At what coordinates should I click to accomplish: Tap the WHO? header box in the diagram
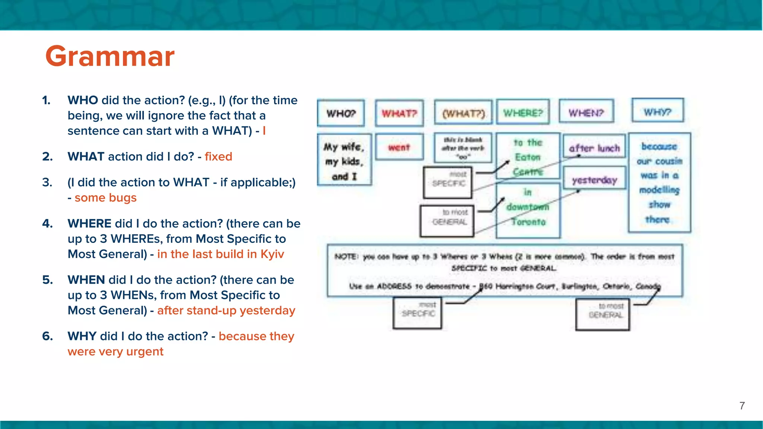click(x=341, y=113)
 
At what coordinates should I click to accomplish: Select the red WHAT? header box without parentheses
click(x=399, y=113)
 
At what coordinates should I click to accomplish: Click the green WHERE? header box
click(x=523, y=112)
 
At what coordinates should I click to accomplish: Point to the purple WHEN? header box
click(x=586, y=112)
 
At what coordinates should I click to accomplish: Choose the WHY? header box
click(x=658, y=111)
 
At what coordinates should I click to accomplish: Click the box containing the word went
click(x=399, y=147)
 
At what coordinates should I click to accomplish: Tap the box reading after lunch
click(x=594, y=148)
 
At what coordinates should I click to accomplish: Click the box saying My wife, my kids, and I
click(x=344, y=161)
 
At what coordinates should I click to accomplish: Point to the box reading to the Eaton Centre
click(x=528, y=156)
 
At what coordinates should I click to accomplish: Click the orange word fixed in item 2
click(x=218, y=156)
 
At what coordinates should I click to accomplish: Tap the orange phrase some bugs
click(x=105, y=198)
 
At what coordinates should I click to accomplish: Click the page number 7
click(x=742, y=406)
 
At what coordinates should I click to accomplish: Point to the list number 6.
click(x=47, y=336)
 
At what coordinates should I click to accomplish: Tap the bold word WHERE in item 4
click(x=89, y=223)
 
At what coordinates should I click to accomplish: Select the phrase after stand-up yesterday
click(x=226, y=310)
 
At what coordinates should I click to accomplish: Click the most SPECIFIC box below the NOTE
click(x=418, y=313)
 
